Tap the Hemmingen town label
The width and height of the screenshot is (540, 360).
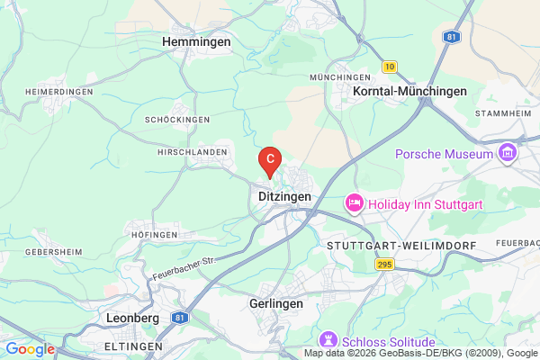(x=195, y=41)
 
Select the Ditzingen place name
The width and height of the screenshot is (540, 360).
(x=284, y=195)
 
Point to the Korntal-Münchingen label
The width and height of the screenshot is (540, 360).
(x=410, y=91)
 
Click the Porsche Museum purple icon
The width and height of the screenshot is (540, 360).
(x=507, y=154)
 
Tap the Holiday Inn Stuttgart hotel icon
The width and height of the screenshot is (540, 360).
(x=355, y=204)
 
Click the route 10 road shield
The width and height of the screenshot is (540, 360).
(x=389, y=66)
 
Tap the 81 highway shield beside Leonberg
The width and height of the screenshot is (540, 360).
(x=180, y=318)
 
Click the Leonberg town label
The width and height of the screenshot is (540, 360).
(x=132, y=318)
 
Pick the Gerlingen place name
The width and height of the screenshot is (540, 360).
(x=275, y=304)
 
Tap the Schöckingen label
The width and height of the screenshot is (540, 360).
(x=176, y=119)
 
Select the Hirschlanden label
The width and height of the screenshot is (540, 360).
(x=192, y=153)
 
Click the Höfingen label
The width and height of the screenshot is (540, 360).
(x=154, y=234)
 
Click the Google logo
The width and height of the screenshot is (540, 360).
(x=29, y=349)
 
